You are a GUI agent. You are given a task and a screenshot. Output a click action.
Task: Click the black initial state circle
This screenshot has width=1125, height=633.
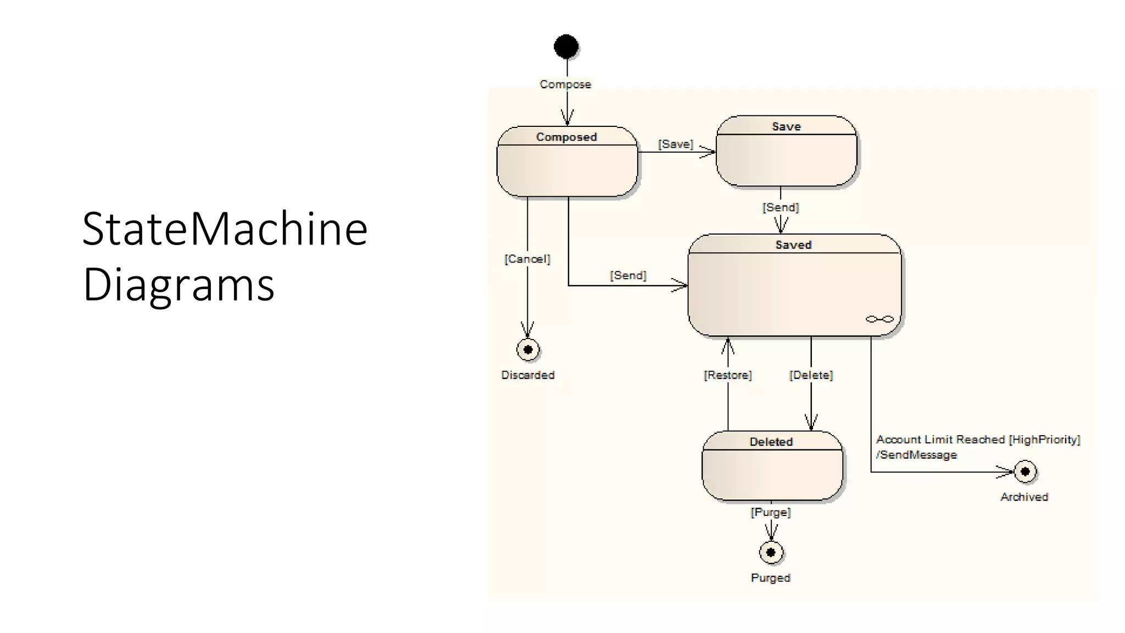[x=566, y=47]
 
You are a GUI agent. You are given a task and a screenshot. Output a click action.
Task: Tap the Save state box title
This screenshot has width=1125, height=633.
[x=786, y=126]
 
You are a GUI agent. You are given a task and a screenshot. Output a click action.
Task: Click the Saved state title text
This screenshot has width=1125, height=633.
[x=793, y=245]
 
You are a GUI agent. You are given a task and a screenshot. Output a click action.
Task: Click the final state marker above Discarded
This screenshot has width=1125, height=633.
[x=528, y=349]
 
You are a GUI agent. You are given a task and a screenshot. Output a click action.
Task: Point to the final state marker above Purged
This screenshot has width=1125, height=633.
[x=771, y=552]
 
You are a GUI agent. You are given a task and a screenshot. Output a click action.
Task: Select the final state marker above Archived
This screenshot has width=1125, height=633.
[x=1024, y=471]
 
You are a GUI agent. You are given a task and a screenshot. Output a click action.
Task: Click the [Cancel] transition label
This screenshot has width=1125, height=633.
[x=527, y=259]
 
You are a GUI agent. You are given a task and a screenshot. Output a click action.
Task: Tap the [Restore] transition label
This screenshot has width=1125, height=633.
[x=727, y=375]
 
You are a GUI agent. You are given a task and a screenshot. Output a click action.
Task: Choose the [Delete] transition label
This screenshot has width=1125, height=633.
[x=811, y=375]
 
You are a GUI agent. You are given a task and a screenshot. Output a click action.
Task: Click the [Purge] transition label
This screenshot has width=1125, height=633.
[x=771, y=512]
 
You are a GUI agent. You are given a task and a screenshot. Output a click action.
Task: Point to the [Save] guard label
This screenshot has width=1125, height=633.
[x=676, y=144]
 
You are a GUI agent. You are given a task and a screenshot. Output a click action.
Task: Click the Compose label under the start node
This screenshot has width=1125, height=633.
[x=565, y=84]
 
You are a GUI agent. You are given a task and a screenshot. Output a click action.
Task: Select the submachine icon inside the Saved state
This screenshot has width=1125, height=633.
[x=879, y=319]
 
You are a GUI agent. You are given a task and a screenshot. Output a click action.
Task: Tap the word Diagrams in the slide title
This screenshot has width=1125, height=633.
[x=178, y=285]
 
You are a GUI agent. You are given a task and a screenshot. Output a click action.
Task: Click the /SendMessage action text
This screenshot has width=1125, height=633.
[x=916, y=455]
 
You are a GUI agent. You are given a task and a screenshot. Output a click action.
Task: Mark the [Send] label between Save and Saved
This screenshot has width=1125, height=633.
[x=780, y=207]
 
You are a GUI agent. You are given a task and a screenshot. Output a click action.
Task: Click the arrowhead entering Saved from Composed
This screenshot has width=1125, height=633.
[x=681, y=285]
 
